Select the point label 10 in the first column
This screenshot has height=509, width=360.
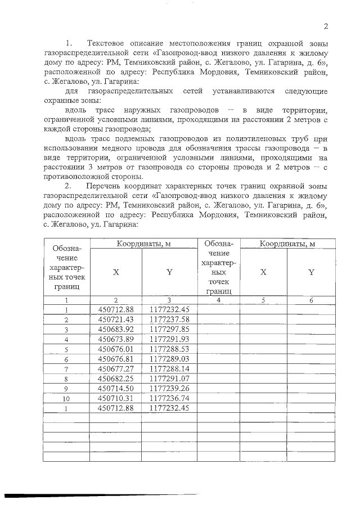(66, 398)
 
